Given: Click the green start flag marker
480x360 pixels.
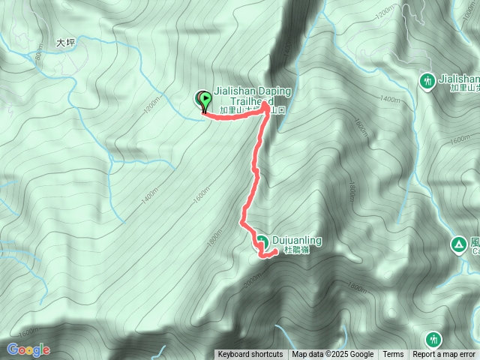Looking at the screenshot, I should coord(203,98).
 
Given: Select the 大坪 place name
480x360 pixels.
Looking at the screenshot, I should coord(67,44).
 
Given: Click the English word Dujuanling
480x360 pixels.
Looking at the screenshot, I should coord(297,240).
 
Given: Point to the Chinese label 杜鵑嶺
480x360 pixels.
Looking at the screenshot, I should coord(297,250).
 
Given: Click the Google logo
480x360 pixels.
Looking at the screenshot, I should coord(28,349).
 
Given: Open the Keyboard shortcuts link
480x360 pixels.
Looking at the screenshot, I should coord(250,355).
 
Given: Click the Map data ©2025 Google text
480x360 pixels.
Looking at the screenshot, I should coord(332,355).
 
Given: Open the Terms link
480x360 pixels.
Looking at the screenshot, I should coord(393,355).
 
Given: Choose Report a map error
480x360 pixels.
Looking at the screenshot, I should coord(444,355).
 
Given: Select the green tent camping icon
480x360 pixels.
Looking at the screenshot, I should coord(457,244).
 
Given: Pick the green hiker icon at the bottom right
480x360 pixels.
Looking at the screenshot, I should coord(433,340).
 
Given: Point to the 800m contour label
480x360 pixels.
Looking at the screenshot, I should coord(39,53).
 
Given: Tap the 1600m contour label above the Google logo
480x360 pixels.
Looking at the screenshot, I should coord(30,332).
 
